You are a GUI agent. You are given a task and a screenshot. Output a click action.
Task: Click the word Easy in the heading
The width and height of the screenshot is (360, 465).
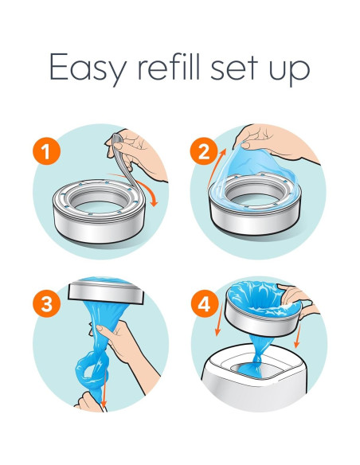[84, 68]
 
